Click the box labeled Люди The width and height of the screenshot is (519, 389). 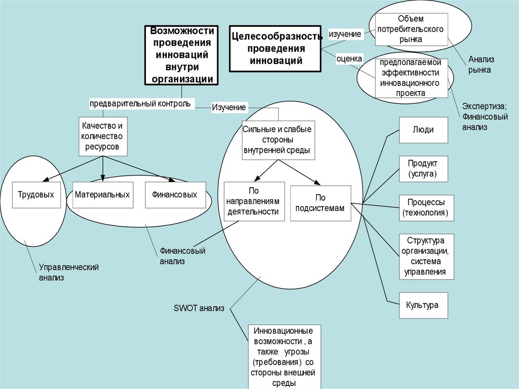pyautogui.click(x=423, y=129)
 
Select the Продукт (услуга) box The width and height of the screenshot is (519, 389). pyautogui.click(x=423, y=169)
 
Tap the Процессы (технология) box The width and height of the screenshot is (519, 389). pyautogui.click(x=426, y=207)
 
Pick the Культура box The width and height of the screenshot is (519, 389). pyautogui.click(x=423, y=305)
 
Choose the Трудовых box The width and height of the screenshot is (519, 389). pyautogui.click(x=35, y=194)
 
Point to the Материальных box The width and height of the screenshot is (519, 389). pyautogui.click(x=102, y=194)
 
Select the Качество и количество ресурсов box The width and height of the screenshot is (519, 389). pyautogui.click(x=102, y=136)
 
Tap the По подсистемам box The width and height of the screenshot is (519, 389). pyautogui.click(x=320, y=203)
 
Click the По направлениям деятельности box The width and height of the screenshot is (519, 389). pyautogui.click(x=253, y=201)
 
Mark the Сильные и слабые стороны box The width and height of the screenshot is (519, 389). pyautogui.click(x=277, y=140)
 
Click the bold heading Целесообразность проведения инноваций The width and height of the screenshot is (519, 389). pyautogui.click(x=275, y=49)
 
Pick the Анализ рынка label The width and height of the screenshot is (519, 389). pyautogui.click(x=479, y=64)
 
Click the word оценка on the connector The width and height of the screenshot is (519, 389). pyautogui.click(x=350, y=59)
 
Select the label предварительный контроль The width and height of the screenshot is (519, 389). pyautogui.click(x=140, y=103)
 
